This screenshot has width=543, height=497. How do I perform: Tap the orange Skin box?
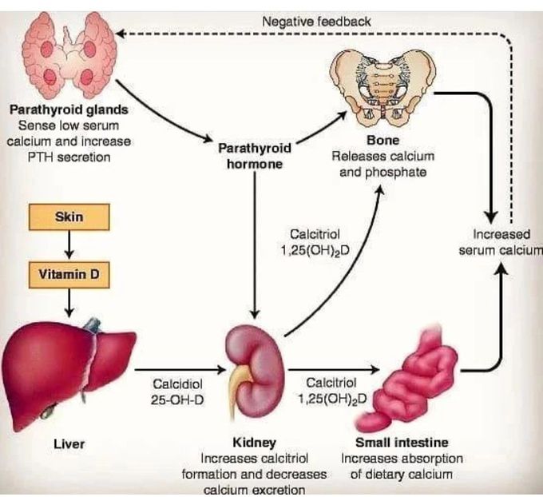tap(69, 217)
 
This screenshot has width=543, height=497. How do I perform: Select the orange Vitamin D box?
tap(69, 276)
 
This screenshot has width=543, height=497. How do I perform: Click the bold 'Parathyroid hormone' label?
tap(254, 156)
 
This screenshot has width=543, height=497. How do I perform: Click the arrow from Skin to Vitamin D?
tap(69, 246)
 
